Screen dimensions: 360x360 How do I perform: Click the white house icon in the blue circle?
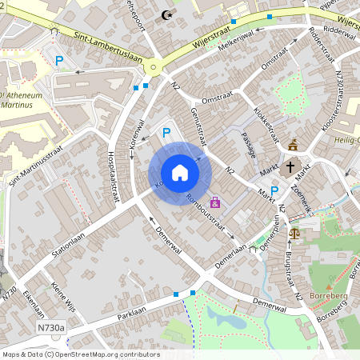180,173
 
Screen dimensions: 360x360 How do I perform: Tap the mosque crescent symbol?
166,14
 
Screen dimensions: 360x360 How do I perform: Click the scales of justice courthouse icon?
294,234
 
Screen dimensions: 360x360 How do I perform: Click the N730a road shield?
51,326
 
